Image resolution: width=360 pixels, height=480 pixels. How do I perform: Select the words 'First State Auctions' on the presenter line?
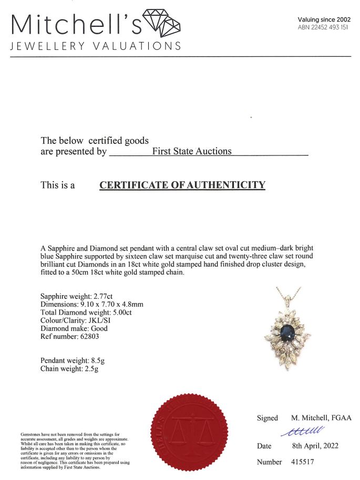pos(191,151)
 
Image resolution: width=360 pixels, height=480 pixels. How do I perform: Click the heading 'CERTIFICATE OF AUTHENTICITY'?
pos(182,185)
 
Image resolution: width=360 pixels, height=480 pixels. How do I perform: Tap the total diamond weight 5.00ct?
pos(121,312)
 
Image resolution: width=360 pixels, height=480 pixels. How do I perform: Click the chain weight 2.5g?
pos(90,369)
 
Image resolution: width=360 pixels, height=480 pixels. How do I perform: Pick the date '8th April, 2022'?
pos(315,446)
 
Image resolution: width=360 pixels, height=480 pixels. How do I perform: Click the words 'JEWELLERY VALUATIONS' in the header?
pos(96,46)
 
